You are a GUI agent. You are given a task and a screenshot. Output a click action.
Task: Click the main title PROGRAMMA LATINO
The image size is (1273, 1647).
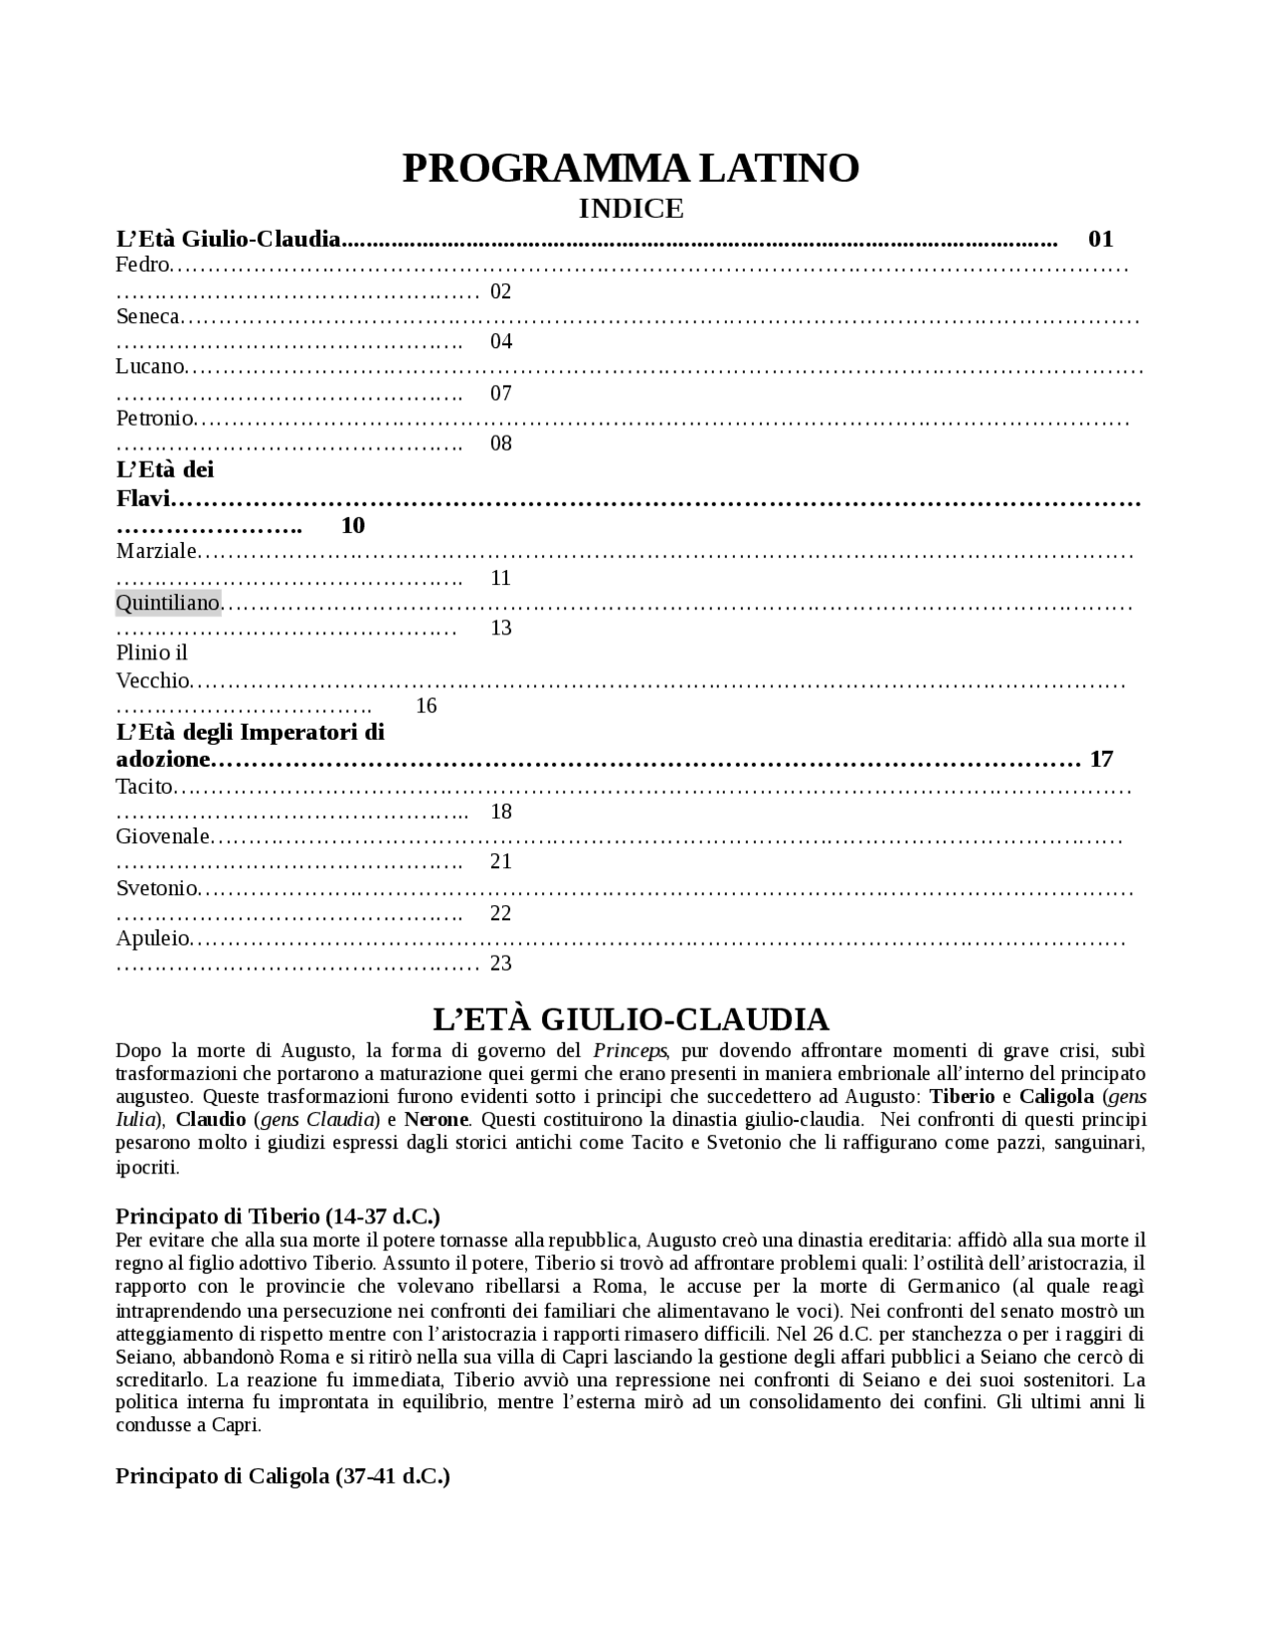tap(631, 169)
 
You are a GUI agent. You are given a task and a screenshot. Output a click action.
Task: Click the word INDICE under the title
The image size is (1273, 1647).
tap(631, 209)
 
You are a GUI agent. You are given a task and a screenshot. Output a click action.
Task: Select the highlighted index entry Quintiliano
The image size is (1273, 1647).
tap(167, 603)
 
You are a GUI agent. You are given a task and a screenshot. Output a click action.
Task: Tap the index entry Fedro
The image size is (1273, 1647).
tap(140, 266)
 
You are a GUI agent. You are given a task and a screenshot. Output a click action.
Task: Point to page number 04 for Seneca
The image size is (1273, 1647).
tap(501, 342)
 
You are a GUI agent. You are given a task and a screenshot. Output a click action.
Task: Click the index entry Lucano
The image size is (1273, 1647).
tap(149, 367)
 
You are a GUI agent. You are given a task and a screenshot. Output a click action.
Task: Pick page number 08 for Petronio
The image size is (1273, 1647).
tap(501, 444)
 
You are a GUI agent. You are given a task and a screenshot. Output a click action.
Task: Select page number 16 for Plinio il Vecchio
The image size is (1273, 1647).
tap(426, 706)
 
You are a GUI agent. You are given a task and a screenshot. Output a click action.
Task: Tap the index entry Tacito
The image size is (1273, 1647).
tap(144, 788)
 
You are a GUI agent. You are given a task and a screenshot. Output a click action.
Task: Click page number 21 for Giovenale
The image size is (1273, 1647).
tap(501, 862)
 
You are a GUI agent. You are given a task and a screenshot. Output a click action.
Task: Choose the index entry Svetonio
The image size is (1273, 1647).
tap(156, 888)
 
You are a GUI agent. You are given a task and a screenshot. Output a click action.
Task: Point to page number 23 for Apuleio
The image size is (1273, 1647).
tap(501, 963)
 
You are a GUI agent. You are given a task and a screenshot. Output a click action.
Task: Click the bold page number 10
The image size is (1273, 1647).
tap(353, 525)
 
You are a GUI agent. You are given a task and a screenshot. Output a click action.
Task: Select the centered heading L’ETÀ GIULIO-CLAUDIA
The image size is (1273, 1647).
tap(631, 1019)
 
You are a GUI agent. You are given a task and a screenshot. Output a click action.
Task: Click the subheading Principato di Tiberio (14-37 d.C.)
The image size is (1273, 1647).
tap(277, 1216)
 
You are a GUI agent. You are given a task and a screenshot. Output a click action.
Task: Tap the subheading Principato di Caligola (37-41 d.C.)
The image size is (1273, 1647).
tap(282, 1476)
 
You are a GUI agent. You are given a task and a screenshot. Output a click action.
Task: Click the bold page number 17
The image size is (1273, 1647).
tap(1101, 760)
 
